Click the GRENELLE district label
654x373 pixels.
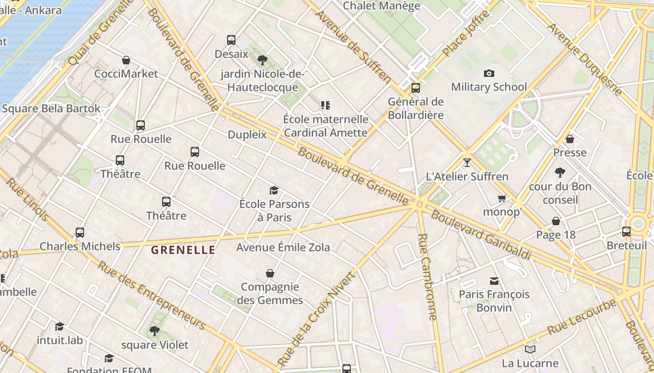coord(183,250)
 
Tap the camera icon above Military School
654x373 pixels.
coord(489,73)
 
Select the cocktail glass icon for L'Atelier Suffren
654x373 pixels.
coord(467,163)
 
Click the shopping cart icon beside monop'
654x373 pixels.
coord(502,199)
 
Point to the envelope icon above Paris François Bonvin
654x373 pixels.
coord(494,281)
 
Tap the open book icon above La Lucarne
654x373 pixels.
coord(530,349)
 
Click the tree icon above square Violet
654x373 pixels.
coord(154,331)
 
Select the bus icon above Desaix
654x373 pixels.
coord(231,40)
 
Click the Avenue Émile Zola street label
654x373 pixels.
coord(283,247)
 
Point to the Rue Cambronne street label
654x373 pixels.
coord(427,277)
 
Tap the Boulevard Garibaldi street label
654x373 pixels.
coord(481,235)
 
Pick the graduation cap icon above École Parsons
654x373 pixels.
coord(274,190)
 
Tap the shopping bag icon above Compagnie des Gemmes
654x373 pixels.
coord(270,273)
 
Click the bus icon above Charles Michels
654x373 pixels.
coord(80,232)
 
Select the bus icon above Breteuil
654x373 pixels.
coord(626,231)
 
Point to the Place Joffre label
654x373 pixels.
coord(466,33)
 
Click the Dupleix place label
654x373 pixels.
coord(247,135)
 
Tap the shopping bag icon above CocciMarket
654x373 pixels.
coord(126,60)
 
